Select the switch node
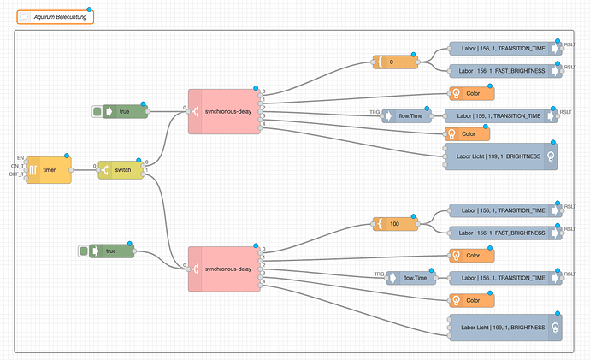[120, 170]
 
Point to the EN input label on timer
[20, 158]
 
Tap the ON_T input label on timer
[17, 166]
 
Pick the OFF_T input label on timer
[16, 174]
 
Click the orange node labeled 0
[394, 62]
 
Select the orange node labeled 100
[396, 224]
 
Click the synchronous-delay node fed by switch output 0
[224, 110]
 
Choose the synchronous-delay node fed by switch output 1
[224, 269]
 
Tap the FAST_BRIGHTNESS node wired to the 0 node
[504, 70]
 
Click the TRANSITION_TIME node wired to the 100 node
[504, 210]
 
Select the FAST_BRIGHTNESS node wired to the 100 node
[504, 233]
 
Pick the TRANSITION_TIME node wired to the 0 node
[504, 49]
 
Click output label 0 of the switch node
[149, 162]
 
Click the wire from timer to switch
[84, 170]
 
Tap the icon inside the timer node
[32, 170]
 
